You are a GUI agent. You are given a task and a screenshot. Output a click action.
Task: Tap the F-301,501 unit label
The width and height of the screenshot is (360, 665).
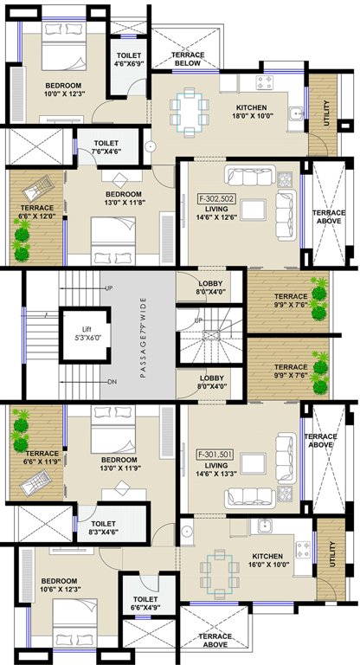[x=216, y=453]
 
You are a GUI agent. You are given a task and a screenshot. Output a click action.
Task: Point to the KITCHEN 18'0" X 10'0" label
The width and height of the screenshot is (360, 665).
[x=256, y=113]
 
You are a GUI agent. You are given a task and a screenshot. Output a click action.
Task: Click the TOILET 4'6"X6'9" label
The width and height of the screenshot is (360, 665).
[x=129, y=60]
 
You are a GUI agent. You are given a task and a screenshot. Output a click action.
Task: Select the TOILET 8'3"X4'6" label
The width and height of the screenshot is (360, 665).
[x=103, y=528]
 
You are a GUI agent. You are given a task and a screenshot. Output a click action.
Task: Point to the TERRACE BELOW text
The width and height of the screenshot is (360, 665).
[x=187, y=59]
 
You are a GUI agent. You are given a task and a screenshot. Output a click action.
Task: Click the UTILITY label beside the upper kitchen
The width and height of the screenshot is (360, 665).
[x=325, y=115]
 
